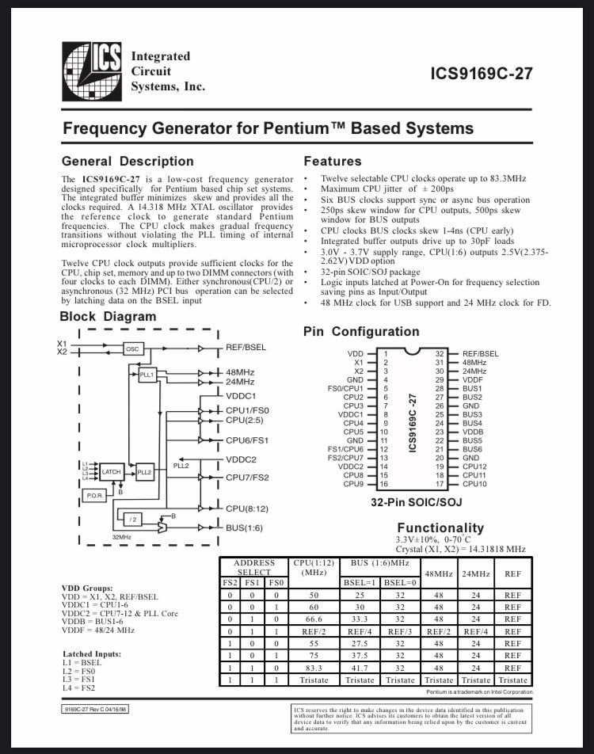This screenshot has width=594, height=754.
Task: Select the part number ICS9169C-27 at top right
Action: pyautogui.click(x=482, y=74)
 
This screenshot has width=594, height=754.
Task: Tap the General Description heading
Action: pyautogui.click(x=128, y=161)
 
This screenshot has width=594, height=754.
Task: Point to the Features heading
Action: pyautogui.click(x=333, y=161)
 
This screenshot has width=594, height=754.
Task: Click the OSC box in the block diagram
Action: pyautogui.click(x=132, y=348)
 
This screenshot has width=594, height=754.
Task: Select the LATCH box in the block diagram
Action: pyautogui.click(x=111, y=471)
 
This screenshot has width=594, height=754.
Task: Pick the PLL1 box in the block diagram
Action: pyautogui.click(x=147, y=374)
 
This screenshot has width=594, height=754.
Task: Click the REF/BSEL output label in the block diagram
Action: pyautogui.click(x=246, y=348)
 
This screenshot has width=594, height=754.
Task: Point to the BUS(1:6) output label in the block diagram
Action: pyautogui.click(x=244, y=527)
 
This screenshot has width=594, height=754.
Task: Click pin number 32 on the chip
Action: pyautogui.click(x=439, y=353)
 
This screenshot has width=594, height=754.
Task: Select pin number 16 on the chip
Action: pyautogui.click(x=385, y=484)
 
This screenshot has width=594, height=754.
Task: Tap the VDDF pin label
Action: pyautogui.click(x=473, y=379)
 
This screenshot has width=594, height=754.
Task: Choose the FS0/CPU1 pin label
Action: pyautogui.click(x=345, y=388)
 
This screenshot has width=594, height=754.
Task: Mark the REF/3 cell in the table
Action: pyautogui.click(x=400, y=631)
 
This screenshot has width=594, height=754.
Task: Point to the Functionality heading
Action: pyautogui.click(x=440, y=527)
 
